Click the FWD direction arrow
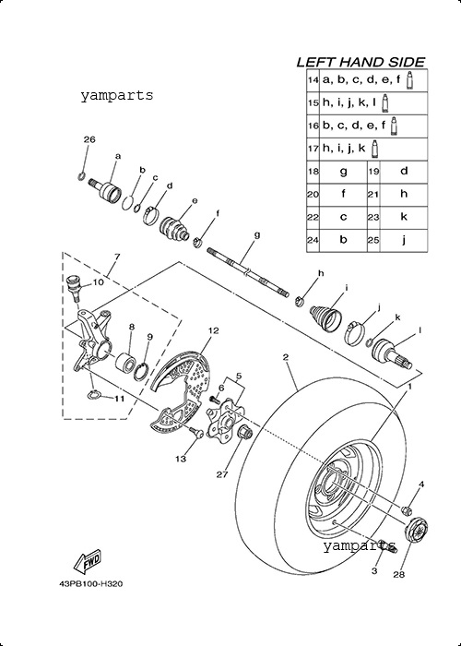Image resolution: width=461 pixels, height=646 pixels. pos(87,562)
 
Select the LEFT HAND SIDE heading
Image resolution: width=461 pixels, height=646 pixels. pos(361,62)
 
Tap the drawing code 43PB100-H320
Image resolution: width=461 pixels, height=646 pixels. pos(90,584)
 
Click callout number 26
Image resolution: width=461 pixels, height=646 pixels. pos(89,139)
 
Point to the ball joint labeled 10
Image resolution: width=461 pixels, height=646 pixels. pos(74,287)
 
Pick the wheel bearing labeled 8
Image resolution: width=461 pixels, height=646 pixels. pos(125,362)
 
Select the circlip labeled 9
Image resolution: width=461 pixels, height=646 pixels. pos(140,370)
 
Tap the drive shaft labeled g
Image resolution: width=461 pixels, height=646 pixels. pos(247,273)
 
